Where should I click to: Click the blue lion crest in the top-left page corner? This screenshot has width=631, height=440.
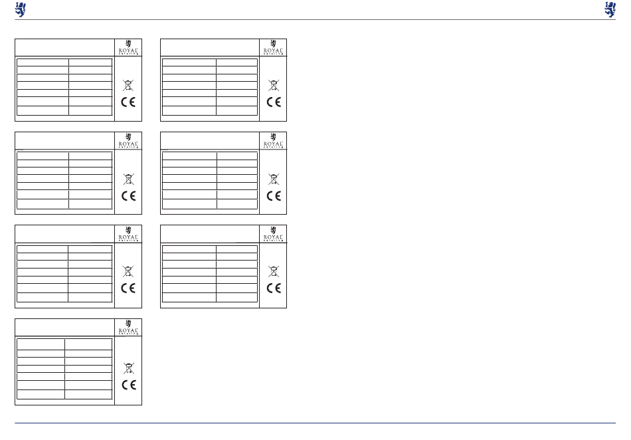click(20, 9)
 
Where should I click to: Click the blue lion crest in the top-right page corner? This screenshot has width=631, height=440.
click(610, 9)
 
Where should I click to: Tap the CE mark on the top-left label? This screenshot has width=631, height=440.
click(128, 102)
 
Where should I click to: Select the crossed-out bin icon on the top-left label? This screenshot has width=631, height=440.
click(128, 85)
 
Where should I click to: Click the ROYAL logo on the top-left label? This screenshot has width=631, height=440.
click(128, 47)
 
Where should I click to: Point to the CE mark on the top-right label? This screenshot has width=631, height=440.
click(273, 102)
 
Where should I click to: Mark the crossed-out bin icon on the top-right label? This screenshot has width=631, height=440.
click(273, 85)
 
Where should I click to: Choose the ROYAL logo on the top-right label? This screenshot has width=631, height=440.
click(273, 47)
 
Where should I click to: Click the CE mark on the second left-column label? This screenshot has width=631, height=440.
click(128, 196)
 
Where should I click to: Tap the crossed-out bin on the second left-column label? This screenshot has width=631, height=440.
click(128, 178)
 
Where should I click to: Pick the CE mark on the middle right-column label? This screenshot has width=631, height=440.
click(273, 196)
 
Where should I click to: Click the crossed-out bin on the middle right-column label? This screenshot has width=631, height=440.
click(273, 178)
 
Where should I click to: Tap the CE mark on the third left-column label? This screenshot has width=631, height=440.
click(128, 288)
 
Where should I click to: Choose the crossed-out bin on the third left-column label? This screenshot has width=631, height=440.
click(128, 271)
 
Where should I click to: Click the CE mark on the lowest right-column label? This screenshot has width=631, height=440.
click(273, 288)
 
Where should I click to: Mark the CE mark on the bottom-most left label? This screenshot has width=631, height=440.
click(128, 385)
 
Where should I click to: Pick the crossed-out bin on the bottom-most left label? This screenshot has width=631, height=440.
click(128, 368)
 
